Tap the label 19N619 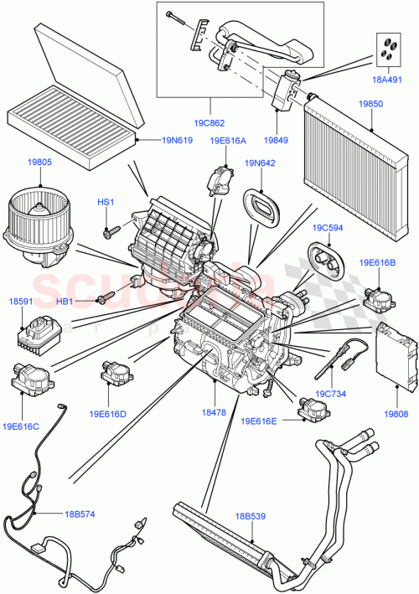pyautogui.click(x=167, y=142)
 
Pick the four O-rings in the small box pyautogui.click(x=390, y=49)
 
